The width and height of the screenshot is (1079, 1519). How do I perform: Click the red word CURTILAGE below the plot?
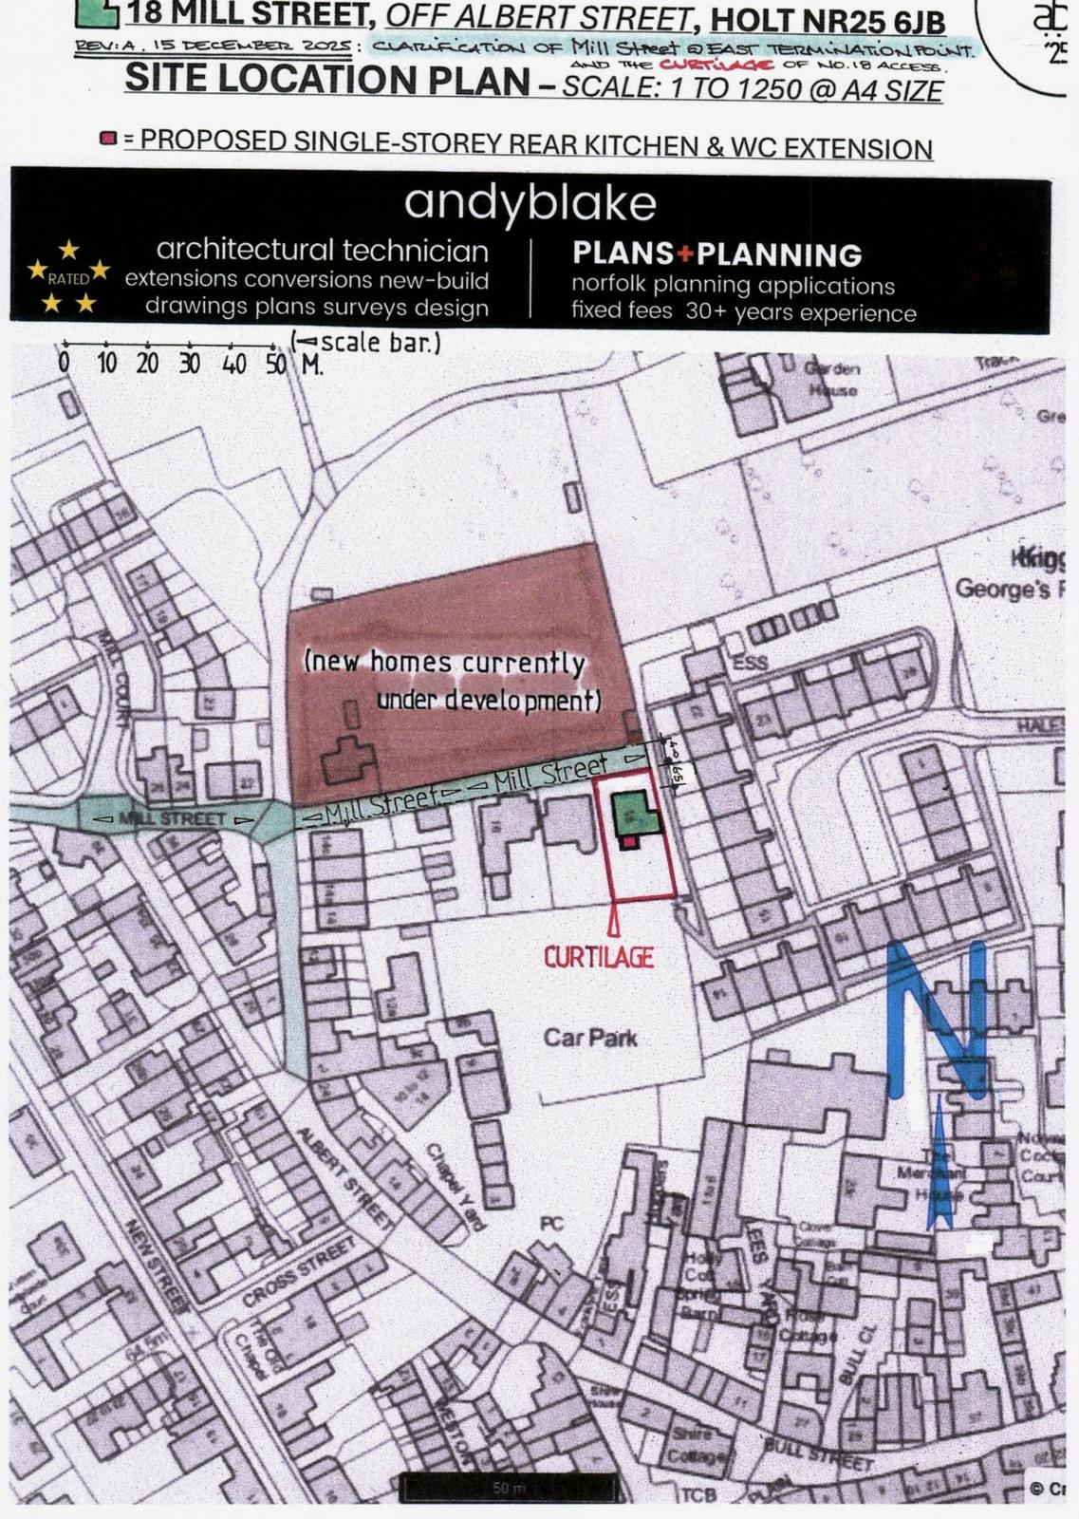[599, 957]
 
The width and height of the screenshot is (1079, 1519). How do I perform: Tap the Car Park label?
[590, 1038]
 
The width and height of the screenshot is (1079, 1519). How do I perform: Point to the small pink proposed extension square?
[628, 841]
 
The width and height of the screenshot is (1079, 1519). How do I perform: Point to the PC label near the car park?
[551, 1224]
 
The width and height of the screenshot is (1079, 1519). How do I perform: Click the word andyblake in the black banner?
[530, 202]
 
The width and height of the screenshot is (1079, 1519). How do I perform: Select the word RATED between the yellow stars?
[68, 279]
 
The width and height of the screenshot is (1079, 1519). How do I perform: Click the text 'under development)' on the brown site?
[490, 701]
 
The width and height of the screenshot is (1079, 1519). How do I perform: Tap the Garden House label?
[832, 380]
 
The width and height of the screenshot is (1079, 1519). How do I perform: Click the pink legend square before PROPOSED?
[108, 140]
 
